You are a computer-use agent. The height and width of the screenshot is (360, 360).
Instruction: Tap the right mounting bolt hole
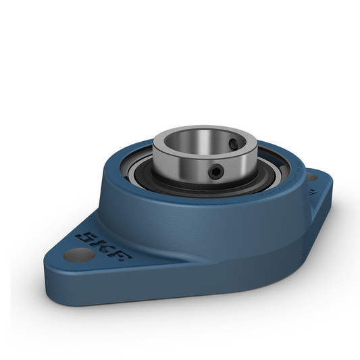[x=311, y=177]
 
